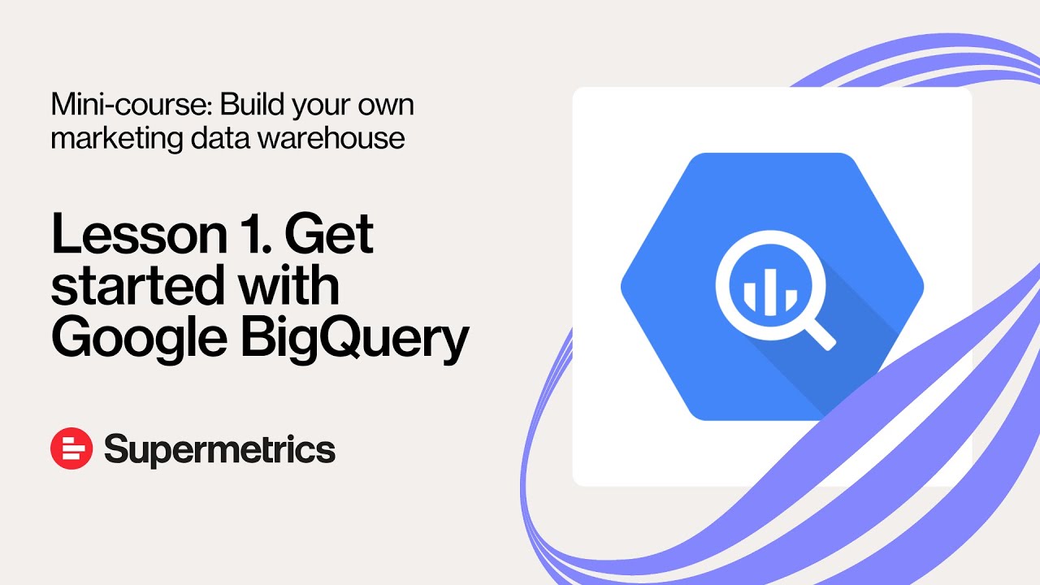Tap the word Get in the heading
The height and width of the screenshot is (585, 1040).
coord(329,236)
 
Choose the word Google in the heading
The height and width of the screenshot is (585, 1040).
coord(137,338)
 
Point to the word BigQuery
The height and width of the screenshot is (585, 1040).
coord(354,338)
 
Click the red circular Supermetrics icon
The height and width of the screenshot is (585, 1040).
coord(71,448)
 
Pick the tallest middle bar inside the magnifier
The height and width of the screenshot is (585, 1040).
coord(769,289)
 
